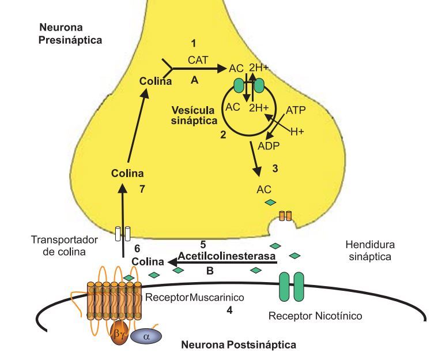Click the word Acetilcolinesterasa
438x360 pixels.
(x=225, y=255)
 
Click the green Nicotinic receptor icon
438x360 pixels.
(x=292, y=287)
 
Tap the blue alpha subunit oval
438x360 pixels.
(x=146, y=336)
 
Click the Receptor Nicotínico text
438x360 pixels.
(x=315, y=316)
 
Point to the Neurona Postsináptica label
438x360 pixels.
(x=239, y=346)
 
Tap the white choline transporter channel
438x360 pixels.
(x=122, y=232)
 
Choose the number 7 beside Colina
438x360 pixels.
(x=143, y=189)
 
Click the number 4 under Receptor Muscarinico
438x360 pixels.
(x=230, y=310)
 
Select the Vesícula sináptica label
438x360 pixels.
(x=194, y=115)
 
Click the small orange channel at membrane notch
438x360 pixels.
(x=285, y=216)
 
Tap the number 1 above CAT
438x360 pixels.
(x=194, y=43)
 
